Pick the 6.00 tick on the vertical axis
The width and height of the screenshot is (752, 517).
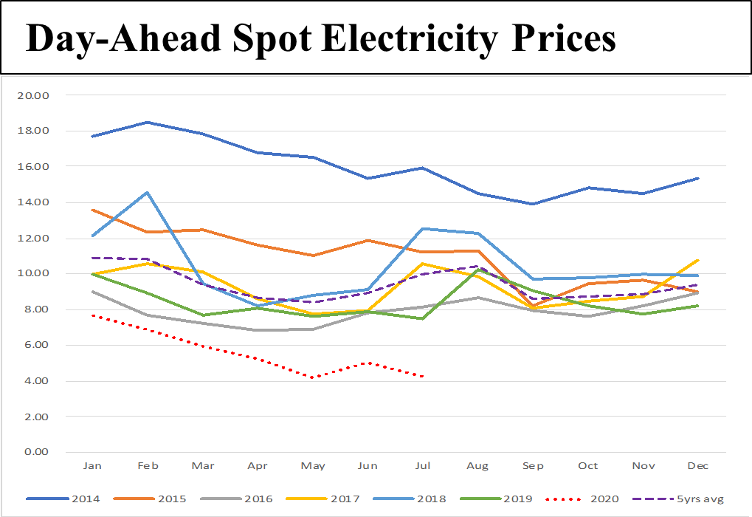37,345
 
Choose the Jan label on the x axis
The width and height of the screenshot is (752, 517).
92,466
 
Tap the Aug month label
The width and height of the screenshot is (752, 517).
477,466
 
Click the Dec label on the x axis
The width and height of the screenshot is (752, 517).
697,466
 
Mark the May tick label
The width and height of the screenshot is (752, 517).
312,466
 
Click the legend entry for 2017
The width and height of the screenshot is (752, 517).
345,499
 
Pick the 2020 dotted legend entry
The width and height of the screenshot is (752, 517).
604,499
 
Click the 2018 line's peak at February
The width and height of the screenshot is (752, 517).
148,193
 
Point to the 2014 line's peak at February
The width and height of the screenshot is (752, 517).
148,122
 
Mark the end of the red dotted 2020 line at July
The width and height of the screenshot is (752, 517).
422,377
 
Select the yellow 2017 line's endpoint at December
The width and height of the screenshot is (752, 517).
697,260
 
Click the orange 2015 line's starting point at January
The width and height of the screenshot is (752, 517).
92,210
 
